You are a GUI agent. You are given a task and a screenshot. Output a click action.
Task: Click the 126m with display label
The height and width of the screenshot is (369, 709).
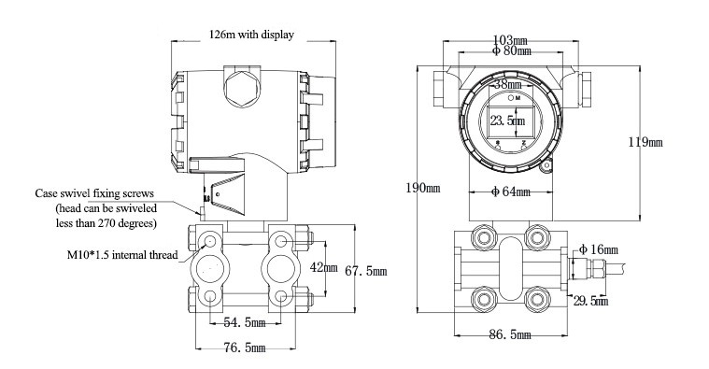251,35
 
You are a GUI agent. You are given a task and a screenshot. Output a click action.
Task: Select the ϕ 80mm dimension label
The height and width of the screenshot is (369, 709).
511,50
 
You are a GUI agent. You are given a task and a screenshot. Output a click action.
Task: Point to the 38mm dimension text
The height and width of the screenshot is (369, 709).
508,84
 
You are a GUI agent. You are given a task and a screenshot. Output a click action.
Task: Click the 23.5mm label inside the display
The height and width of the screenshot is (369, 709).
507,121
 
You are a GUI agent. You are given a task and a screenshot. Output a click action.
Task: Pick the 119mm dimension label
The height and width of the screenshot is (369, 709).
645,142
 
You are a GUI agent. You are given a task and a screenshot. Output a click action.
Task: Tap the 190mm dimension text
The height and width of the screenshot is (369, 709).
423,188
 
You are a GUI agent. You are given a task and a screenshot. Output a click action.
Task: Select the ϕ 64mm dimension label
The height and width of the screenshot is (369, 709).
510,192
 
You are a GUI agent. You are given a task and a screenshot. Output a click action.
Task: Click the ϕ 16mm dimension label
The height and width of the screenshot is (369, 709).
598,249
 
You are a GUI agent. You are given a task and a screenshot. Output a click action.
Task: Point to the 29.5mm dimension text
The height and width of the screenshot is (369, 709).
590,301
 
